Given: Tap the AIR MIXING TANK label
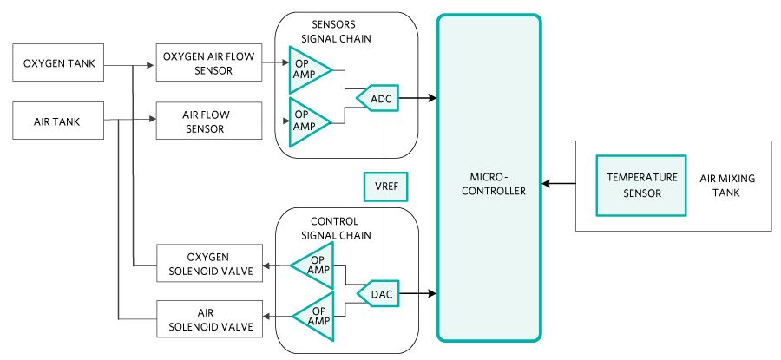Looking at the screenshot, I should (x=727, y=185).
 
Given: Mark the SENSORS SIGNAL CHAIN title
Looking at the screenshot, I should (x=346, y=32).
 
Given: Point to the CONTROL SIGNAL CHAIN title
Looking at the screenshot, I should (x=346, y=227).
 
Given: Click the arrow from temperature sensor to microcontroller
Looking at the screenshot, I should (x=556, y=184).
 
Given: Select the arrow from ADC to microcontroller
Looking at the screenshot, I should (x=419, y=100).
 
